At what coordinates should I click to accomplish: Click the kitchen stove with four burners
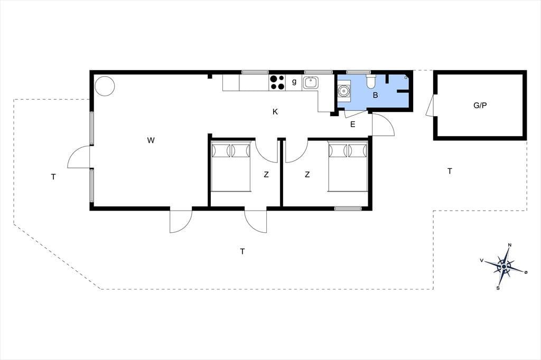point(277,83)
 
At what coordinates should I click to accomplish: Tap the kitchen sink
point(311,83)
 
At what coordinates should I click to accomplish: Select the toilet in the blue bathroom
point(371,81)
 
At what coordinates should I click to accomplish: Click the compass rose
point(504,267)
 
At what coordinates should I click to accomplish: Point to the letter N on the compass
point(510,245)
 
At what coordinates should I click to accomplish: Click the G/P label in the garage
point(480,105)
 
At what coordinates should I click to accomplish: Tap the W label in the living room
point(151,140)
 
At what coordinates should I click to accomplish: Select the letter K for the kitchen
point(275,112)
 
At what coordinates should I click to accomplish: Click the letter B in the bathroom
point(376,95)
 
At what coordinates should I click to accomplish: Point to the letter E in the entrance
point(352,125)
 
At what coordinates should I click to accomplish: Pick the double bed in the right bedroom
point(348,166)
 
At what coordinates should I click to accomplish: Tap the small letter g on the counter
point(294,82)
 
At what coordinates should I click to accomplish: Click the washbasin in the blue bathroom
point(343,91)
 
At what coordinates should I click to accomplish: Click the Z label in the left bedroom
point(266,175)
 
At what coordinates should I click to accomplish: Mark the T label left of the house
point(53,177)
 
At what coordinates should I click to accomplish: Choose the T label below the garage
point(450,171)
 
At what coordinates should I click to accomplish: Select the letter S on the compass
point(498,288)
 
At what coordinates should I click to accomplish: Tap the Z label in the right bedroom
point(307,175)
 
